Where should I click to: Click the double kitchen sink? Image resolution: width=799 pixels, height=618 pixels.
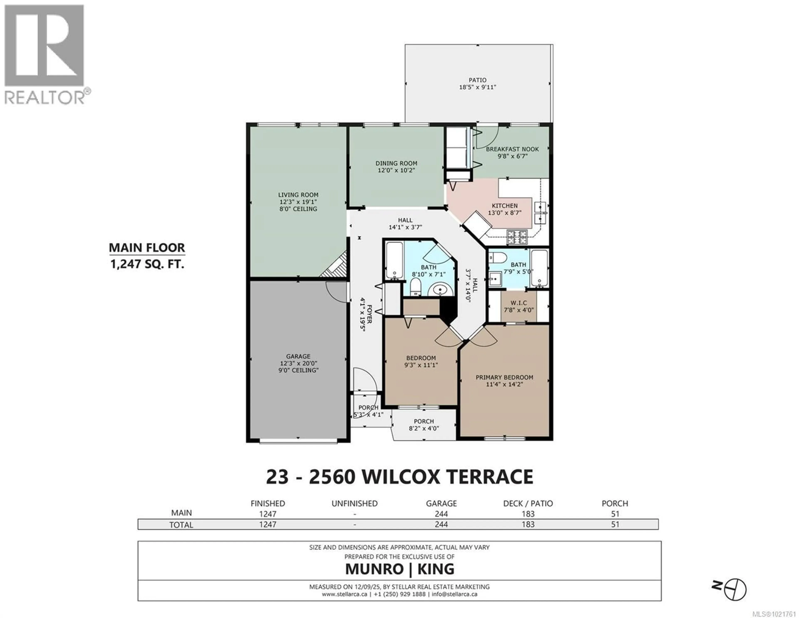540,213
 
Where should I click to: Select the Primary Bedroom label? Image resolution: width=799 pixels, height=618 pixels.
504,377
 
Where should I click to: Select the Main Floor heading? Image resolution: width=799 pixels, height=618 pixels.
147,248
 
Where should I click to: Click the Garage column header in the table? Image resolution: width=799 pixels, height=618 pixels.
441,504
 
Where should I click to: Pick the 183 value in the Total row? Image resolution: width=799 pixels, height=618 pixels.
528,524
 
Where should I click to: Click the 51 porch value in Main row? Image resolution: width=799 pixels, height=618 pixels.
615,514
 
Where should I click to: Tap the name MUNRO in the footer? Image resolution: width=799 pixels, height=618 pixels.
374,569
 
